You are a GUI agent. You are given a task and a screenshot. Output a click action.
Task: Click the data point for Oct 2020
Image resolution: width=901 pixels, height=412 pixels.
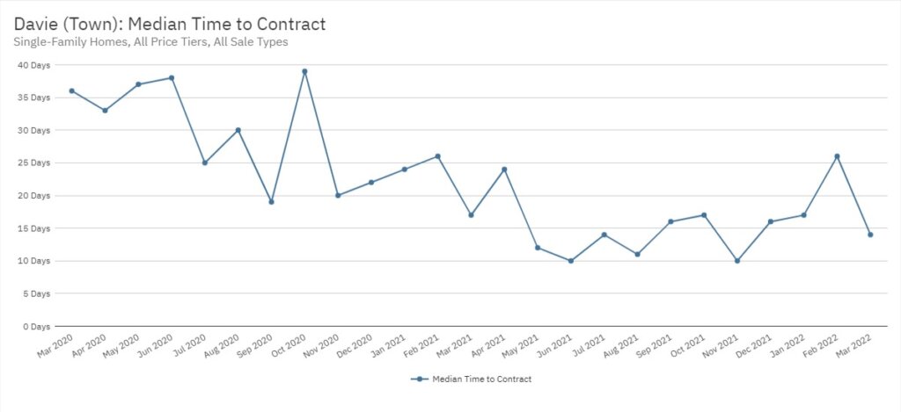pos(304,71)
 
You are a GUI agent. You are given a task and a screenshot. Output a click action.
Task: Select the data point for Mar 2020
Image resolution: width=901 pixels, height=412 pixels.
pos(71,90)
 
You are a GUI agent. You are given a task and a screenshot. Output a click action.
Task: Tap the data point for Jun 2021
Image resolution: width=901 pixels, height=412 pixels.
pos(571,261)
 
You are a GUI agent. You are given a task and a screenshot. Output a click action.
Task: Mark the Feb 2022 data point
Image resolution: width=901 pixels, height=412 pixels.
pos(837,156)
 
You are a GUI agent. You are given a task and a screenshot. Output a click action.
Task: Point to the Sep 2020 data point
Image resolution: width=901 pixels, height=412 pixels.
pos(271,202)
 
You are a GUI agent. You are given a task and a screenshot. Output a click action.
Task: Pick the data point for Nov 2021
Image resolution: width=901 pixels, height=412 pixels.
pos(737,261)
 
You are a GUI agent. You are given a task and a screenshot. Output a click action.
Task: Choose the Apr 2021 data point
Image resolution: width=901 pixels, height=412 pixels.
pos(504,170)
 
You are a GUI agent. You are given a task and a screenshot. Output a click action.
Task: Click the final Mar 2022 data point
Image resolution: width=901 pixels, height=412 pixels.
pos(870,235)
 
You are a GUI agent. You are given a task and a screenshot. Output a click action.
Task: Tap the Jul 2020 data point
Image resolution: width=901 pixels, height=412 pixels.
pos(204,163)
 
